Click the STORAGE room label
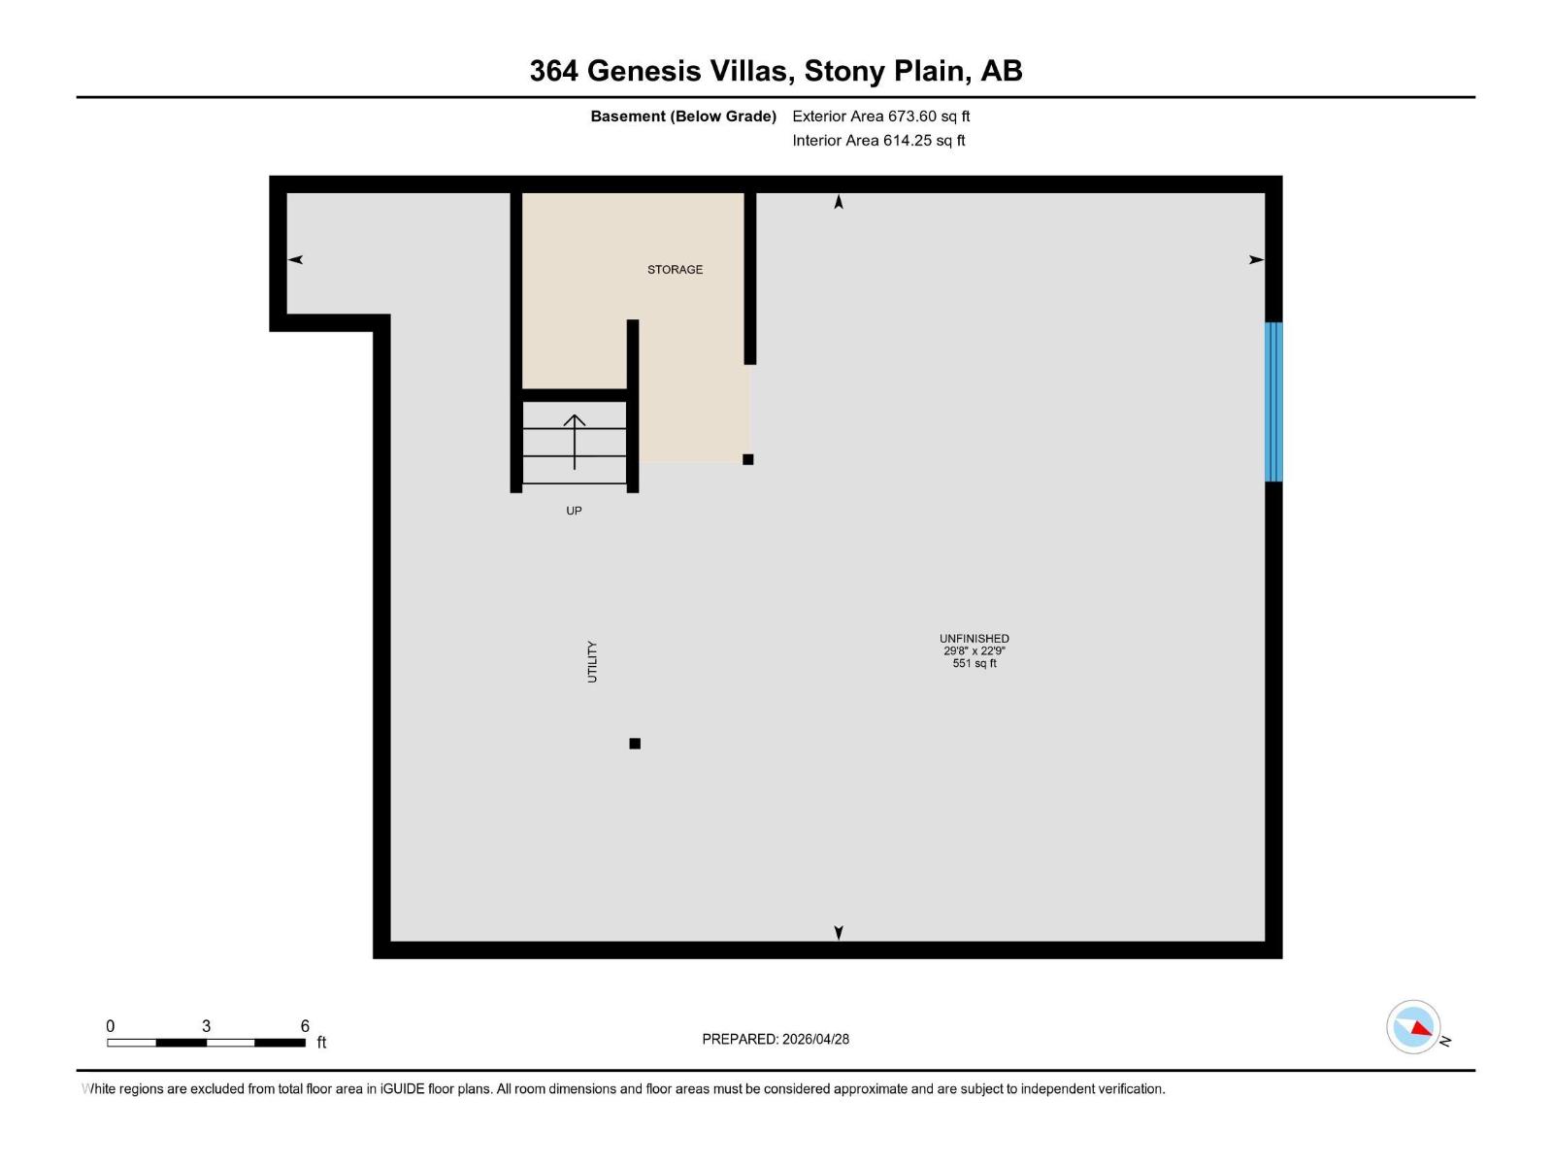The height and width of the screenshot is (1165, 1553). (x=675, y=270)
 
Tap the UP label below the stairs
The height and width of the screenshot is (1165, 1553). (x=574, y=511)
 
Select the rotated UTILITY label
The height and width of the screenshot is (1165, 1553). (x=592, y=662)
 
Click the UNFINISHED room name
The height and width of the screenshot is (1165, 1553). (x=974, y=639)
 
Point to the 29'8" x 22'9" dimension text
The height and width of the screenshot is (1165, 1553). (x=974, y=651)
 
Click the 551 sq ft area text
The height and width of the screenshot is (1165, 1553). (x=974, y=664)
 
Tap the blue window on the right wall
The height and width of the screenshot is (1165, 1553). (x=1273, y=402)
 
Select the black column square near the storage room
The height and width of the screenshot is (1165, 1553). (x=747, y=459)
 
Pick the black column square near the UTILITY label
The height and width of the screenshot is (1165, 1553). (x=635, y=744)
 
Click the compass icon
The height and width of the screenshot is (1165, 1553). (x=1413, y=1027)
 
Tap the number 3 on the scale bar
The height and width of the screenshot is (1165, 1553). (x=206, y=1026)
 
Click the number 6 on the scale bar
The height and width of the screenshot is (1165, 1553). (x=305, y=1026)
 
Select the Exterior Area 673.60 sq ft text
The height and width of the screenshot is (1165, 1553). (x=880, y=116)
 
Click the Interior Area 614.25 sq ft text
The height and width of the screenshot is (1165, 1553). (x=878, y=141)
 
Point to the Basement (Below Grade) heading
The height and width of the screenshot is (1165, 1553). (x=683, y=116)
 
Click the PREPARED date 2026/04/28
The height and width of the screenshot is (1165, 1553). (x=815, y=1039)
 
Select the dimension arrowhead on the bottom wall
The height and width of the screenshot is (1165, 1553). (x=839, y=932)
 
